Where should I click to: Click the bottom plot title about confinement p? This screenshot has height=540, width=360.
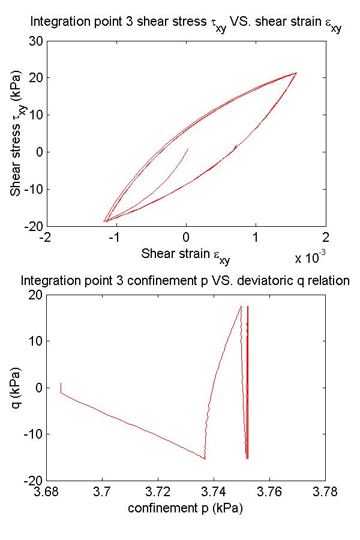[x=185, y=280]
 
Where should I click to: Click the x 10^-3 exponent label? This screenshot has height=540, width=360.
[x=310, y=258]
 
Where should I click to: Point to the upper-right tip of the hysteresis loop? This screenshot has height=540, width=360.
[x=296, y=73]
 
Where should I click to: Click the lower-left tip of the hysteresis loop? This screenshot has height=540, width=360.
[x=104, y=221]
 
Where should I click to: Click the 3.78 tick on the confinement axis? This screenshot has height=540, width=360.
[x=325, y=493]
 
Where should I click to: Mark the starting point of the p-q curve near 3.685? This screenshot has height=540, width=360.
[x=61, y=383]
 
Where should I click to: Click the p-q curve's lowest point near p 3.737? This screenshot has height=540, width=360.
[x=205, y=459]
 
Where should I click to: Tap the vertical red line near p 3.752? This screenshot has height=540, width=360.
[x=247, y=384]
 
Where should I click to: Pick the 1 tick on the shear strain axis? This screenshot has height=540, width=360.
[x=256, y=237]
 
